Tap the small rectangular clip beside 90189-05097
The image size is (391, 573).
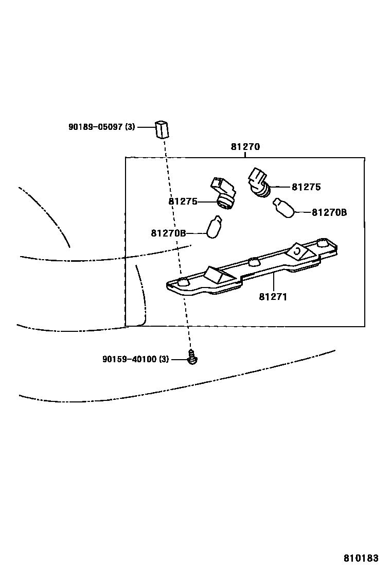click(x=162, y=128)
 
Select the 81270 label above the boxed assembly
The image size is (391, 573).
click(x=245, y=147)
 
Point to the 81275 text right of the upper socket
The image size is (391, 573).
click(x=306, y=187)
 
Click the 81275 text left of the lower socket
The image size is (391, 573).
click(x=183, y=201)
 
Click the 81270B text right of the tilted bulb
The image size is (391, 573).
click(x=329, y=212)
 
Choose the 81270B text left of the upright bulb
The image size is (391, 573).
click(x=168, y=233)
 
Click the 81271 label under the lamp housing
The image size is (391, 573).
click(x=273, y=297)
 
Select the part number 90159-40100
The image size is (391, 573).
click(x=129, y=359)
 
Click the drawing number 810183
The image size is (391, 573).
click(x=361, y=558)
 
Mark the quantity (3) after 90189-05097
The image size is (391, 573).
click(x=130, y=126)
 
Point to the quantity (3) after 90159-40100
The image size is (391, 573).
click(x=164, y=359)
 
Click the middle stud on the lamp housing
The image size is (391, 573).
click(x=253, y=261)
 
